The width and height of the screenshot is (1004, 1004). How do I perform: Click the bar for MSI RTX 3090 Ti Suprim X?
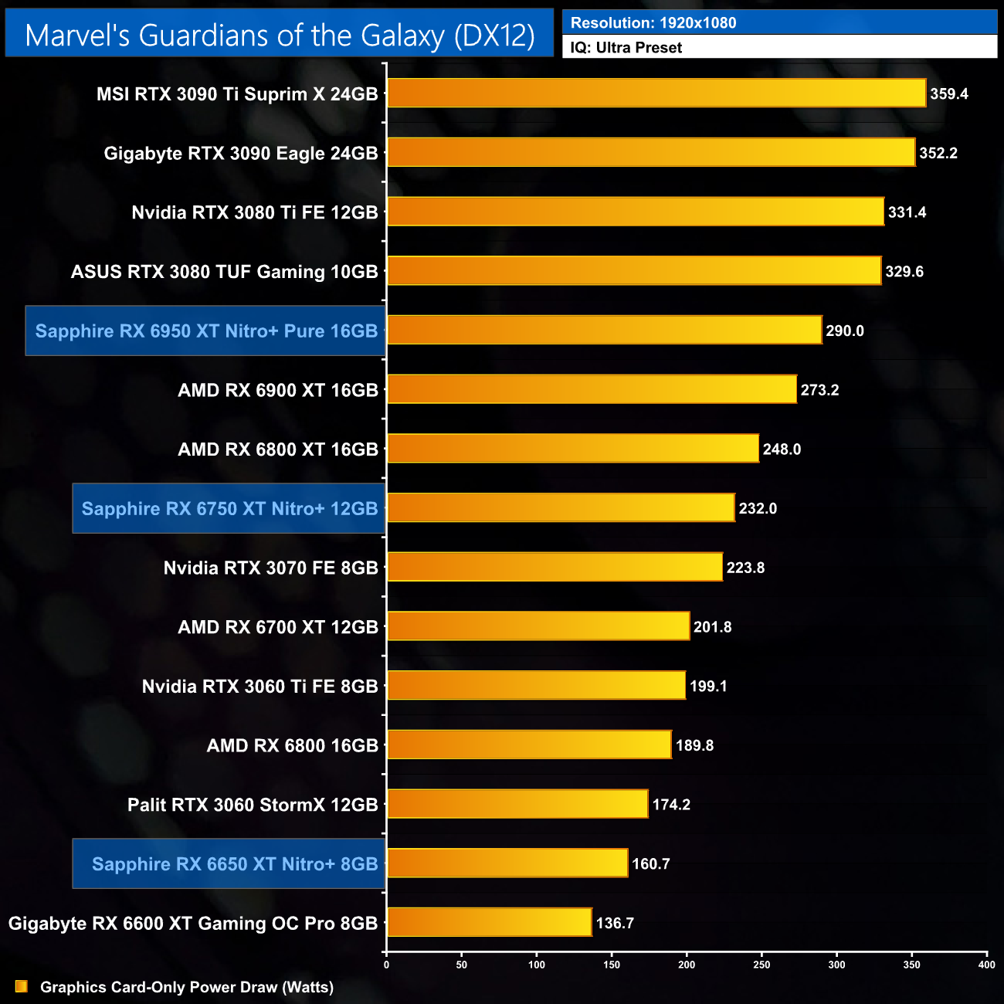coord(656,93)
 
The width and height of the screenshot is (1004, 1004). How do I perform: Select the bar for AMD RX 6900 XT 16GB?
coord(592,389)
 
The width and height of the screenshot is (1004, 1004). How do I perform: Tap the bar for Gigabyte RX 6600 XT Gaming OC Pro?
coord(489,923)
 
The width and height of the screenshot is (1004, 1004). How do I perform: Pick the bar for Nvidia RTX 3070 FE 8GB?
coord(555,568)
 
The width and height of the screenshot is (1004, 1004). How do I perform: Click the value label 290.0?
coord(845,331)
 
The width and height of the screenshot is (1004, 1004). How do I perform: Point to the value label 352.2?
coord(938,154)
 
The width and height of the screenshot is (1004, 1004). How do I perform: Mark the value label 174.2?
coord(671,805)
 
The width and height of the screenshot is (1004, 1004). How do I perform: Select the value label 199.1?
coord(708,687)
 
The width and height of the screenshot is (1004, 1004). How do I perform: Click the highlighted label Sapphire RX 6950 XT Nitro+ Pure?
coord(206,331)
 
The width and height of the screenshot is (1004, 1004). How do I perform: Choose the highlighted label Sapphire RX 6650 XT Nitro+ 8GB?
coord(235,864)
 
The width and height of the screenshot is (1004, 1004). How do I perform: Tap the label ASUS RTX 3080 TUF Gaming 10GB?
coord(225,272)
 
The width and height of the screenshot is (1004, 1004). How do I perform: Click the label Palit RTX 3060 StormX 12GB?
coord(253,805)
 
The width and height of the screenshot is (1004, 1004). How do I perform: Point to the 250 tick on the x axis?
coord(761,964)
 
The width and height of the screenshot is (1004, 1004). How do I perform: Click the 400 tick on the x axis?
coord(986,964)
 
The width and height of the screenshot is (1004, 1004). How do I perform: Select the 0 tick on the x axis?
coord(387,964)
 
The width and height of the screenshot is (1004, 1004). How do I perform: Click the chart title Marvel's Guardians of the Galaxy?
coord(280,36)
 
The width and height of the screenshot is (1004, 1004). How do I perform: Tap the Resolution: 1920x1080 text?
coord(653,23)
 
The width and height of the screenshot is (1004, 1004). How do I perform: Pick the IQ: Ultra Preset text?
coord(626,48)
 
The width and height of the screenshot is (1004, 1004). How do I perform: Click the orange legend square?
coord(22,987)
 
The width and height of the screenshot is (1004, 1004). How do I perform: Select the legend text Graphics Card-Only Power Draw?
coord(187,987)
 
